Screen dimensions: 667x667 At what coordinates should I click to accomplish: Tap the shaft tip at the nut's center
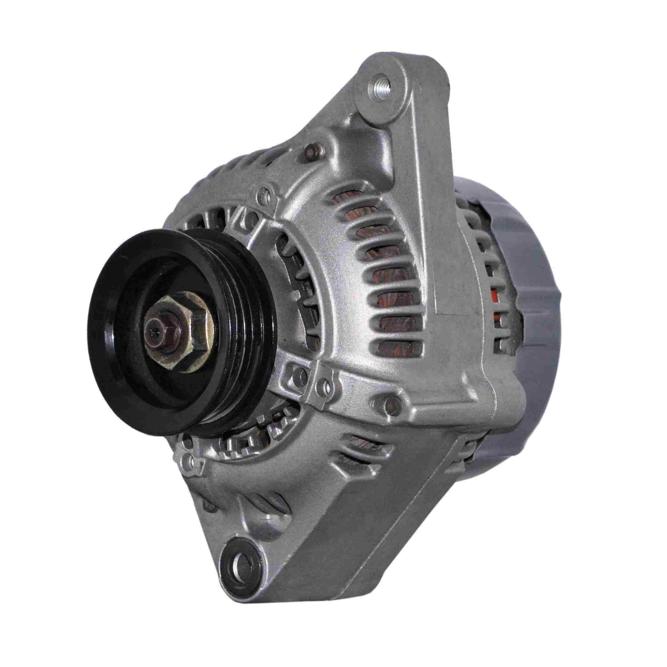(x=152, y=333)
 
